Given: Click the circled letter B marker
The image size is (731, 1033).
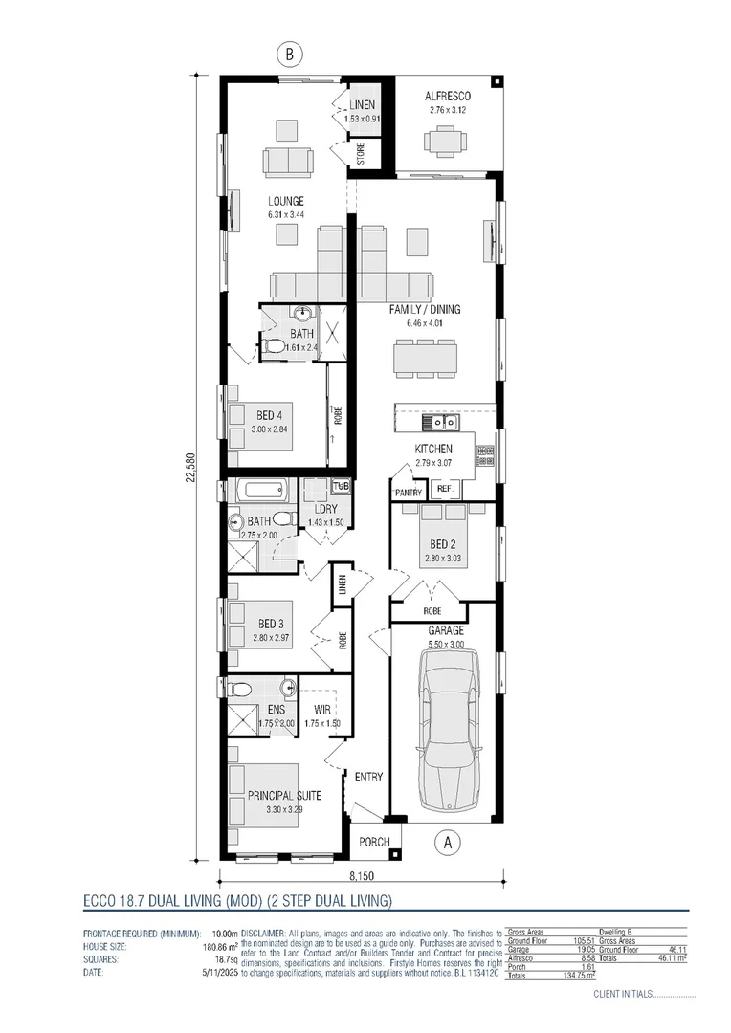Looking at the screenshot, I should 289,55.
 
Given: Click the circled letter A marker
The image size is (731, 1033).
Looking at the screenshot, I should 446,842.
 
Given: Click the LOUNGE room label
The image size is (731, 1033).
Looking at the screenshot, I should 286,202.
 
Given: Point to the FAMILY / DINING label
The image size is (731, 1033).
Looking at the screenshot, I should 425,310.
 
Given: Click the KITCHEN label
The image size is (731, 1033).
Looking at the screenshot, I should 433,450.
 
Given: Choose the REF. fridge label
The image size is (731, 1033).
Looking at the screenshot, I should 444,489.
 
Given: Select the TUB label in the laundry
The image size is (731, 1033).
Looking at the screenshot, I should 341,486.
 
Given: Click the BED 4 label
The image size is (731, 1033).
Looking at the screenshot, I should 269,416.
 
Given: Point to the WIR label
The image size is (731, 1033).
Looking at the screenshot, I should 322,711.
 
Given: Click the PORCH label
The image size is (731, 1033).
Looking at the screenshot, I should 374,842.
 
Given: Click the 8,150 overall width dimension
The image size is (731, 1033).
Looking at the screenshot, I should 361,877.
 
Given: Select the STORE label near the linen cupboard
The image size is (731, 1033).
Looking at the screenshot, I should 362,155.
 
